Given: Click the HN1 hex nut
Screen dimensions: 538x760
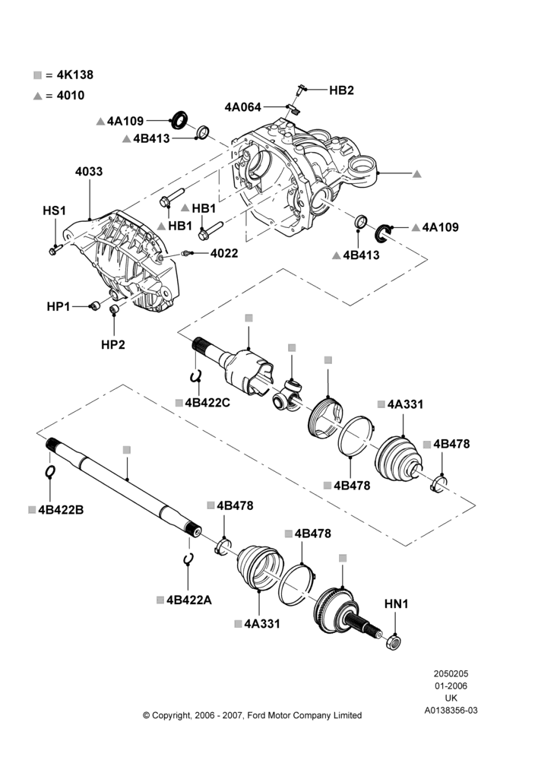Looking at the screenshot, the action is pyautogui.click(x=394, y=642).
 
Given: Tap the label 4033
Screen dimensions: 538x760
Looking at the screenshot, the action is pyautogui.click(x=89, y=172).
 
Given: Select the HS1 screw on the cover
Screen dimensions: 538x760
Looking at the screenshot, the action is pyautogui.click(x=54, y=249).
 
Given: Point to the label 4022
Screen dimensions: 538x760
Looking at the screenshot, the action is pyautogui.click(x=224, y=254).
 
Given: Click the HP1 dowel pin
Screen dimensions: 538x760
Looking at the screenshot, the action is pyautogui.click(x=95, y=306).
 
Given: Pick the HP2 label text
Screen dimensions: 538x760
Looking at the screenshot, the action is pyautogui.click(x=113, y=344).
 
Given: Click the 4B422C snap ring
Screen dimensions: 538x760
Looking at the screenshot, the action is pyautogui.click(x=195, y=376).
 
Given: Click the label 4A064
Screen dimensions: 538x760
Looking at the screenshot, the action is pyautogui.click(x=243, y=107).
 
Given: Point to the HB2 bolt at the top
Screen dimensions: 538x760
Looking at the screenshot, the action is pyautogui.click(x=300, y=90).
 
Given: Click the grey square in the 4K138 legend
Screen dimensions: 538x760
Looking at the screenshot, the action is pyautogui.click(x=37, y=75).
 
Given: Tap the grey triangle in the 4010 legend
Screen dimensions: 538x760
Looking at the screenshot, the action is pyautogui.click(x=38, y=96).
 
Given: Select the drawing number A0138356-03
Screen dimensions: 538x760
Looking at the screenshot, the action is pyautogui.click(x=451, y=711).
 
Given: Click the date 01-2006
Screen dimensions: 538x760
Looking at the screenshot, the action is pyautogui.click(x=451, y=686).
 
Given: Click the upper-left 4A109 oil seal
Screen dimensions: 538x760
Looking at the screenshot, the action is pyautogui.click(x=180, y=119).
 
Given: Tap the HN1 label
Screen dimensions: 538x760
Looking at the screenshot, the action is pyautogui.click(x=397, y=604).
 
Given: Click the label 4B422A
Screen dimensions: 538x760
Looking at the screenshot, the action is pyautogui.click(x=189, y=600).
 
